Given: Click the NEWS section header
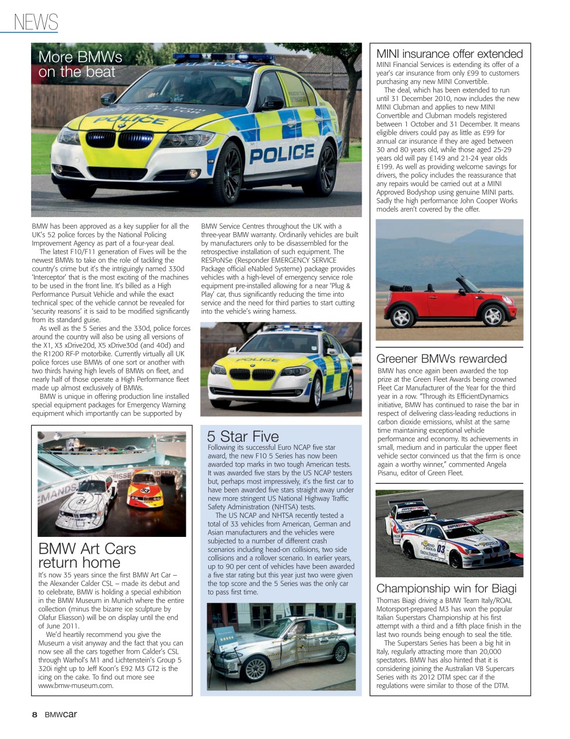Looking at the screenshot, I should pos(36,22).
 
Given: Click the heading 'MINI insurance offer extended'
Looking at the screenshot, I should pos(449,54).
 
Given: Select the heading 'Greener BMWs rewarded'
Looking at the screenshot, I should pos(441,359).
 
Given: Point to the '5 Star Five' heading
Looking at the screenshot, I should pos(242,436).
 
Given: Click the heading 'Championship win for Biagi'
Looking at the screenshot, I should pos(446,588).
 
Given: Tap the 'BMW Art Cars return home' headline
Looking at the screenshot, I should pos(87,555).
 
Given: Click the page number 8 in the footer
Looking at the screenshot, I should pos(35,715).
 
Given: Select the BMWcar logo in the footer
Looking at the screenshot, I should pos(61,715).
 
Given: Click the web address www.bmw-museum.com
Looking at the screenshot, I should pos(76,686).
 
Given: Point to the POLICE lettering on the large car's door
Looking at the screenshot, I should pos(282,154).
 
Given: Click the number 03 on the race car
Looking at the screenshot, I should pos(440,548).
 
